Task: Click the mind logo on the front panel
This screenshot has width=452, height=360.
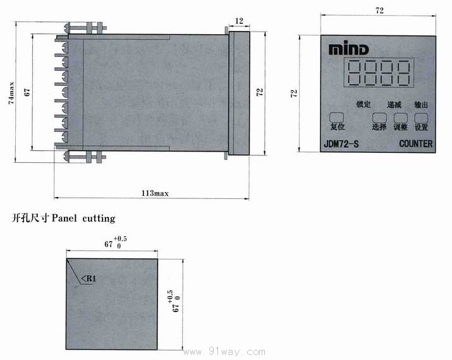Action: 348,49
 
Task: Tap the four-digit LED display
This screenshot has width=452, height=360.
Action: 379,73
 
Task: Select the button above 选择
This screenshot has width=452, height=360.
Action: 379,117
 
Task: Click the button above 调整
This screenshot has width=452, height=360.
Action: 401,117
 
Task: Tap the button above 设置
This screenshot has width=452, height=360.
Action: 421,117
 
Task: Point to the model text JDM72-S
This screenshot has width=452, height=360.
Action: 341,144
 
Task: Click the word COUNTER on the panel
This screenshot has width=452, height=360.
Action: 416,144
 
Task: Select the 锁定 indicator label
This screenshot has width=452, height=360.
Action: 363,104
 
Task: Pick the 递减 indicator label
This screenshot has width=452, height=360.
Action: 394,105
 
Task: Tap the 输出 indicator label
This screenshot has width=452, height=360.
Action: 421,105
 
